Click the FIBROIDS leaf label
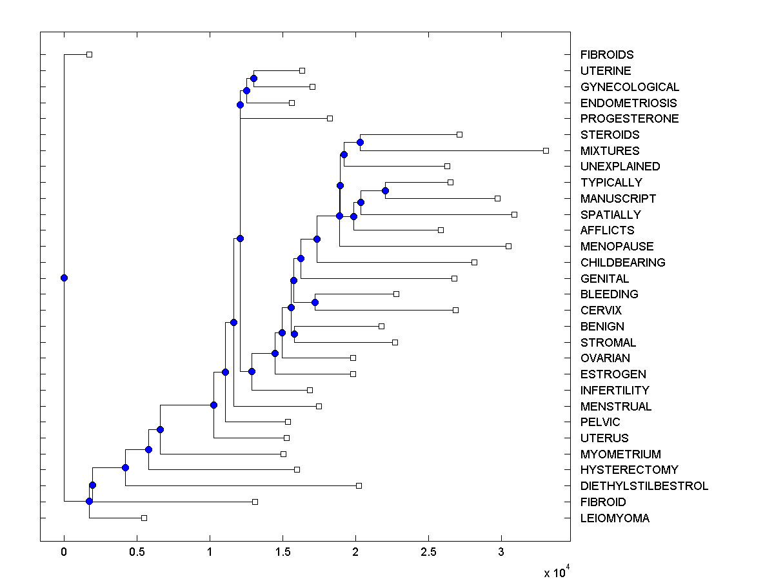606,55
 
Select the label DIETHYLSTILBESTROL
644,486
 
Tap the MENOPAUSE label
617,247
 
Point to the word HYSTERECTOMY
629,470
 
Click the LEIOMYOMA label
615,518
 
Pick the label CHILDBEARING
622,263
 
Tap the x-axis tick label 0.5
137,552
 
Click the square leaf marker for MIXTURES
546,150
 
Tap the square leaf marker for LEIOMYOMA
144,518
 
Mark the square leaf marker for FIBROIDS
90,54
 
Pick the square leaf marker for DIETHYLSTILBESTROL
359,485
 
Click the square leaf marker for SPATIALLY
514,214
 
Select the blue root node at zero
64,278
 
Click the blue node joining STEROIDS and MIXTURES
360,142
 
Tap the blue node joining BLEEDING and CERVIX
315,302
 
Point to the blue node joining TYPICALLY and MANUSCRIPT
385,190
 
